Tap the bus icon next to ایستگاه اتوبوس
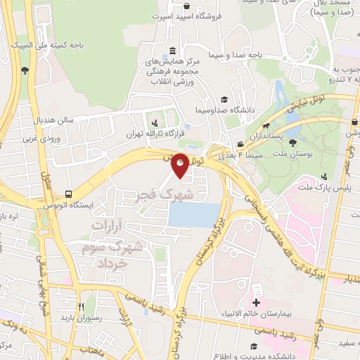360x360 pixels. (68, 194)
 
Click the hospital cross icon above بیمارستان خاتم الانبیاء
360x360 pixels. (256, 290)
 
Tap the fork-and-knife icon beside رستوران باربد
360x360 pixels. (81, 307)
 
